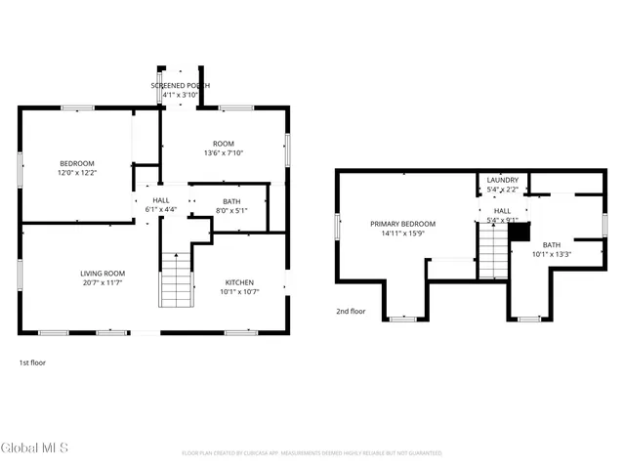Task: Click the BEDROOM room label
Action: [x=77, y=163]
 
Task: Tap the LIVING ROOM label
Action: [x=103, y=274]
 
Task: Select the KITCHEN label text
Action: [x=239, y=281]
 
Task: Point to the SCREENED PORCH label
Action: [x=180, y=86]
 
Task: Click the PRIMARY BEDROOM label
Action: [x=402, y=224]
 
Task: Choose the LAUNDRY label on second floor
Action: [x=503, y=180]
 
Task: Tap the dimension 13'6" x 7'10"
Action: [x=224, y=153]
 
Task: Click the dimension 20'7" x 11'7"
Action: [x=103, y=282]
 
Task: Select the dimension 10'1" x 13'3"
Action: [x=552, y=254]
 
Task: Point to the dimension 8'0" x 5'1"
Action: [x=231, y=209]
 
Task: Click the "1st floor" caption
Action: [x=32, y=362]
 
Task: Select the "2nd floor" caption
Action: [x=350, y=312]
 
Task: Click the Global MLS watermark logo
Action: [x=34, y=448]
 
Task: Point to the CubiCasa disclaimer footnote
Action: [x=312, y=453]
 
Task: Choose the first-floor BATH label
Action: [x=231, y=200]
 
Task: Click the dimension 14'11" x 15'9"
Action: [x=402, y=233]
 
